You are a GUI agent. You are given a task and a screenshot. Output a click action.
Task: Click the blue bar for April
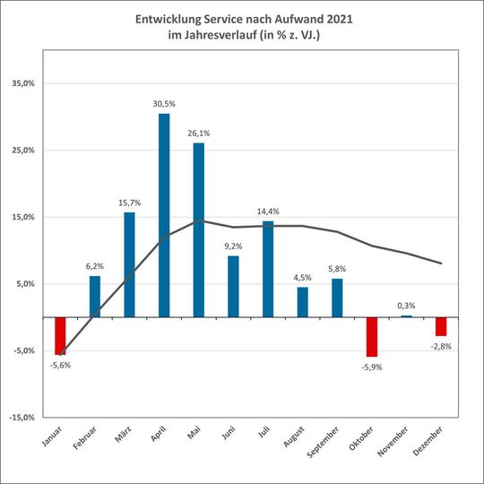click(x=164, y=215)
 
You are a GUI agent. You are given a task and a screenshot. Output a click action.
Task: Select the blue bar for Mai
click(x=198, y=229)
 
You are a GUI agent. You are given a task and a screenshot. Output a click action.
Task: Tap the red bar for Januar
click(x=60, y=336)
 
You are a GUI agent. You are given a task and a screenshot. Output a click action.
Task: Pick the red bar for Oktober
click(x=371, y=337)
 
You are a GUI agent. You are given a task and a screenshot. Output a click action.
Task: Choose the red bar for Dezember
click(x=441, y=326)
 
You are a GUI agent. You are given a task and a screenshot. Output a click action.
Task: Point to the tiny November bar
click(x=406, y=316)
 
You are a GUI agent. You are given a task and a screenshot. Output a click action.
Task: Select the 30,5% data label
click(x=164, y=104)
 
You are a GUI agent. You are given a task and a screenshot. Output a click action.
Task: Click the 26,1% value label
click(x=198, y=134)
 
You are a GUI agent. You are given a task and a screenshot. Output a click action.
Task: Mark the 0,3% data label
click(x=406, y=306)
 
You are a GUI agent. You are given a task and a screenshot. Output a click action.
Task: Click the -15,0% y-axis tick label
click(x=21, y=418)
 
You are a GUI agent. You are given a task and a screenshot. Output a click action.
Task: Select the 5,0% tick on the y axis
click(x=23, y=284)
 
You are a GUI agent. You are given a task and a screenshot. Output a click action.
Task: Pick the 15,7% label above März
click(x=129, y=203)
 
